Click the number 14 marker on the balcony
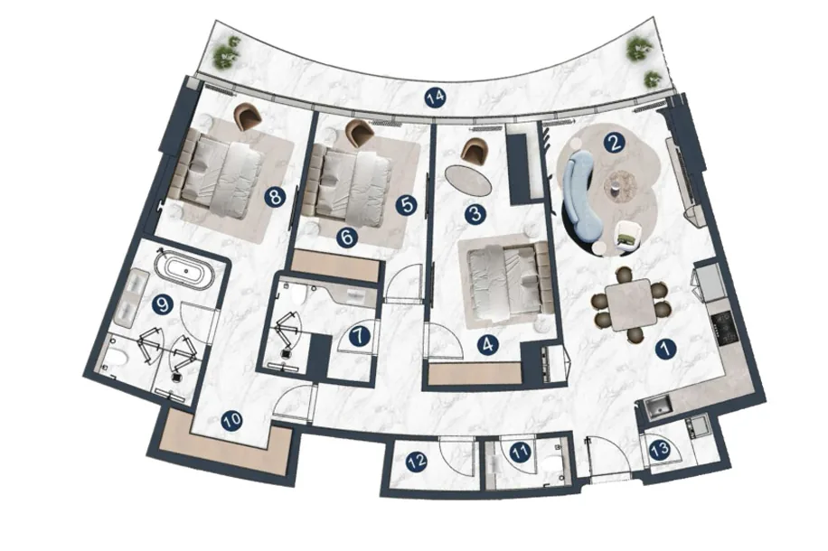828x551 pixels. (x=437, y=98)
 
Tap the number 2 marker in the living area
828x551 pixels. (x=614, y=143)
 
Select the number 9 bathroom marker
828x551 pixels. (x=162, y=305)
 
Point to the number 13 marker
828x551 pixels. (x=660, y=450)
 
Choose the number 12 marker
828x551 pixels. (x=417, y=462)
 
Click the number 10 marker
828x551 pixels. (x=231, y=421)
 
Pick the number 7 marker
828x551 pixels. (x=359, y=336)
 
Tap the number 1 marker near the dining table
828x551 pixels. (x=665, y=349)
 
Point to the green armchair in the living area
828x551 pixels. (x=629, y=234)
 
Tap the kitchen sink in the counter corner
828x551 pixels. (x=656, y=408)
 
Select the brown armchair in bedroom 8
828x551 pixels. (x=248, y=117)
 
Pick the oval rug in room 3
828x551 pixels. (x=468, y=181)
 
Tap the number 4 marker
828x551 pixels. (x=487, y=345)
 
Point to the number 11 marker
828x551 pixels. (x=521, y=452)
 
